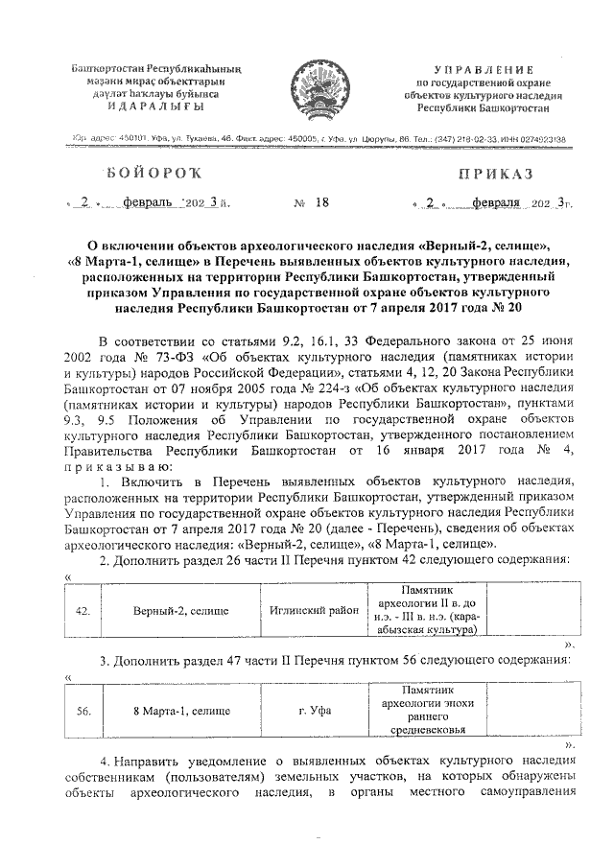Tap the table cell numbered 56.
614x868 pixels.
(x=83, y=711)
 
